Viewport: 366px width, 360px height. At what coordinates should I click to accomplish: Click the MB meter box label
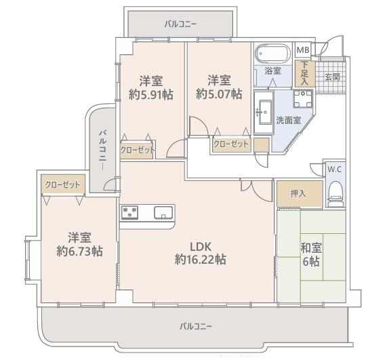pos(303,49)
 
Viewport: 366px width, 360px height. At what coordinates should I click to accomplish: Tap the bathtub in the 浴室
pos(272,54)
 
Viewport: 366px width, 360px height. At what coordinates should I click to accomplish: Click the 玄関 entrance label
pos(332,77)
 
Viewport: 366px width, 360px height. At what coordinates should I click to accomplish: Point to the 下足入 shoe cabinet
pos(304,73)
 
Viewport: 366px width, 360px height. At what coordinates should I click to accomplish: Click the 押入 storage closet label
pos(298,193)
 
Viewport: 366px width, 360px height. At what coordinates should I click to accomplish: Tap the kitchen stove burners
pos(129,212)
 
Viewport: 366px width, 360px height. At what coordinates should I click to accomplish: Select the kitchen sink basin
pos(163,212)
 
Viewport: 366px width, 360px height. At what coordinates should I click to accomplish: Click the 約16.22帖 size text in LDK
pos(201,259)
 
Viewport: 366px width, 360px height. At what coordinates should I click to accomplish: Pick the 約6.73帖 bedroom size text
pos(79,252)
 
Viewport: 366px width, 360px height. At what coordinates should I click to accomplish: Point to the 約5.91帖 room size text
pos(150,94)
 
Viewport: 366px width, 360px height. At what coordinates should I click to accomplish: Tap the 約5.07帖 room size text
pos(219,94)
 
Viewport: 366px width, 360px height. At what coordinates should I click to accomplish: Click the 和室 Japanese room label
pos(311,247)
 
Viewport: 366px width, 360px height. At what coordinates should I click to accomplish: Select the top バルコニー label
pos(180,24)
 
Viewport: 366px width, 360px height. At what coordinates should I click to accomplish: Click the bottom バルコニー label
pos(196,326)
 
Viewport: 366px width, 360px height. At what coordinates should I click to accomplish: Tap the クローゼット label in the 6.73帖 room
pos(62,184)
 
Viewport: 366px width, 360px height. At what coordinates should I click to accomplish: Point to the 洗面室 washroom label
pos(289,120)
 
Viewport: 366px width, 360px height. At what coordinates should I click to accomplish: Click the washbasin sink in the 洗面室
pos(265,113)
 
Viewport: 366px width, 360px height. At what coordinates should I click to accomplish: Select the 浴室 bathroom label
pos(272,71)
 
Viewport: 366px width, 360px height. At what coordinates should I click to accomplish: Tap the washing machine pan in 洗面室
pos(303,98)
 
